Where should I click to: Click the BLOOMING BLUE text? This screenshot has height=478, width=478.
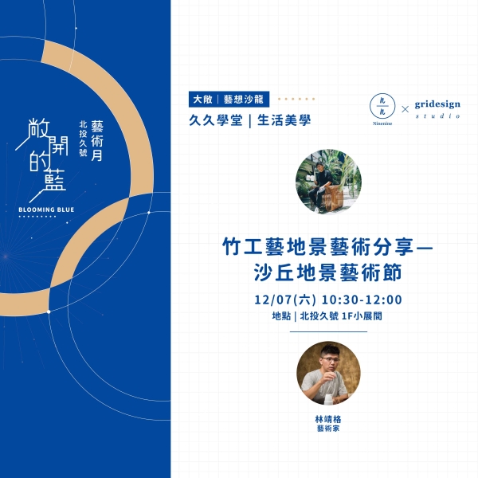click(46, 210)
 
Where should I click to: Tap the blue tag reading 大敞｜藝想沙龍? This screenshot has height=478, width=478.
click(229, 99)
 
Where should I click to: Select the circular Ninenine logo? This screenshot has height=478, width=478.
click(382, 106)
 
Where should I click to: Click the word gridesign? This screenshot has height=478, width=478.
click(437, 104)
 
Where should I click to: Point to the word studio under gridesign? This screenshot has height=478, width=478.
click(437, 116)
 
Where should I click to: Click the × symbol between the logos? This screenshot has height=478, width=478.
click(405, 109)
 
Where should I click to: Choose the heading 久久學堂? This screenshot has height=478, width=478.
click(216, 120)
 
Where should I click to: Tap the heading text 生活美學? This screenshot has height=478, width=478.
click(284, 120)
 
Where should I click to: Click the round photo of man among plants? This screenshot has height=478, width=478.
click(328, 182)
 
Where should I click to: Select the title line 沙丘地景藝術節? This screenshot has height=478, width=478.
click(327, 272)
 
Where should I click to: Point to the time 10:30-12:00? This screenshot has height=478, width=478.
click(362, 300)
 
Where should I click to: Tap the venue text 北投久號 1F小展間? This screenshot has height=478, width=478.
click(341, 316)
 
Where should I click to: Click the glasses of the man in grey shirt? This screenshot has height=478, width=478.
click(331, 360)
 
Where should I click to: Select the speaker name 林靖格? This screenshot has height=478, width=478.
click(328, 419)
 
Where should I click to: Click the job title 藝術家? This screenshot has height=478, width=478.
click(328, 429)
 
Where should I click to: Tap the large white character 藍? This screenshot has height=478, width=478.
click(54, 179)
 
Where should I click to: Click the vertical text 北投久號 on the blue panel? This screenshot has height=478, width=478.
click(83, 139)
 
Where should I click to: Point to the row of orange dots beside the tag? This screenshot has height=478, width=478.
click(296, 99)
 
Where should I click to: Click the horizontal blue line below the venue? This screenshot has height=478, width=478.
click(328, 331)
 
